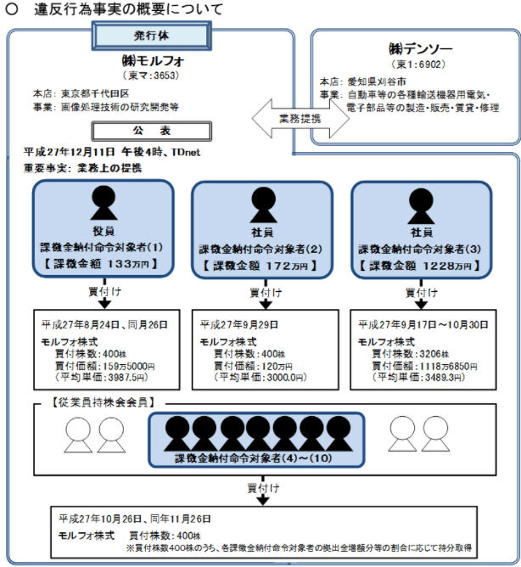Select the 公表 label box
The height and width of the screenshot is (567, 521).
click(x=152, y=131)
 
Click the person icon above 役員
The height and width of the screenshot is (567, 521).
click(x=103, y=204)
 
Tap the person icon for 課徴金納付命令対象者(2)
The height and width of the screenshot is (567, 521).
click(x=261, y=205)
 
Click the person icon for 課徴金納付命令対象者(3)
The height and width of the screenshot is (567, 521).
click(x=420, y=205)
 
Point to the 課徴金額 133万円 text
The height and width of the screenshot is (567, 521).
click(x=102, y=264)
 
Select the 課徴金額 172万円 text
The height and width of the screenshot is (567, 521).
click(x=261, y=266)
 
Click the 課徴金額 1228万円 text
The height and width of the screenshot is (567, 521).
click(x=421, y=266)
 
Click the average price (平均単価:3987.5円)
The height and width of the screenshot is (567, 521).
click(x=92, y=376)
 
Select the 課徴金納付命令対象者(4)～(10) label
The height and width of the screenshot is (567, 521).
click(x=255, y=458)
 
